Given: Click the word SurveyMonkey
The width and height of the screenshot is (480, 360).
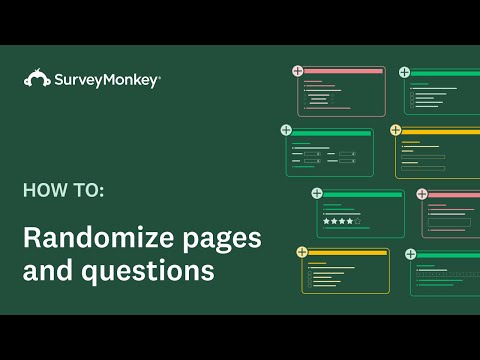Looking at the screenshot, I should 108,81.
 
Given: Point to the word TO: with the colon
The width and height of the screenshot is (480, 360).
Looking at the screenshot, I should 87,188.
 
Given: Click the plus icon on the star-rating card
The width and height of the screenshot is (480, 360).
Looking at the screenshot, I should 317,193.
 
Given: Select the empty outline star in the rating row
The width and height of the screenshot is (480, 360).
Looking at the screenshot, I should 357,220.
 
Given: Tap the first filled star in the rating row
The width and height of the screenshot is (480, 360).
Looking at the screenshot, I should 325,220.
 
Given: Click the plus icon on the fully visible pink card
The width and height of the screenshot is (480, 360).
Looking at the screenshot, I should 297,70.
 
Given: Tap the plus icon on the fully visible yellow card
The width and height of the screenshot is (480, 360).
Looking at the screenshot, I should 301,252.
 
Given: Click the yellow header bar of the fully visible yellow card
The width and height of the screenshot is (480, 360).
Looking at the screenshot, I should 346,253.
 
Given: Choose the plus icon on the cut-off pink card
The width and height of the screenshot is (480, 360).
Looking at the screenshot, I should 421,194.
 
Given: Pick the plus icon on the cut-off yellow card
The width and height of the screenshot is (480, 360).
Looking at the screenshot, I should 396,130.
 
